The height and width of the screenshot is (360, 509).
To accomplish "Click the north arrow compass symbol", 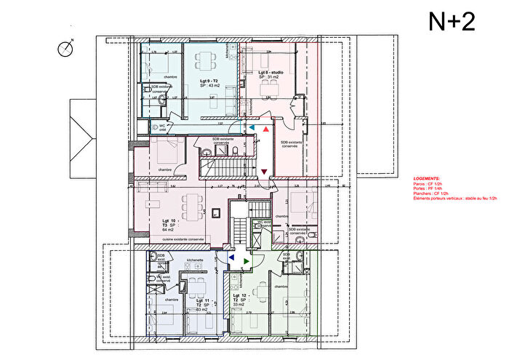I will tap(66, 48).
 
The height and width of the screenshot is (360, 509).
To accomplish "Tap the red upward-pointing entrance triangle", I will tap(267, 127).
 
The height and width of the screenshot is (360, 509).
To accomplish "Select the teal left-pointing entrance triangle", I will tap(252, 127).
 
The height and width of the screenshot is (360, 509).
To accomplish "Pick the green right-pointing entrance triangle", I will tap(247, 259).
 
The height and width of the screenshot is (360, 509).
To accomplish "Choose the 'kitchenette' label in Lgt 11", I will tap(194, 260).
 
